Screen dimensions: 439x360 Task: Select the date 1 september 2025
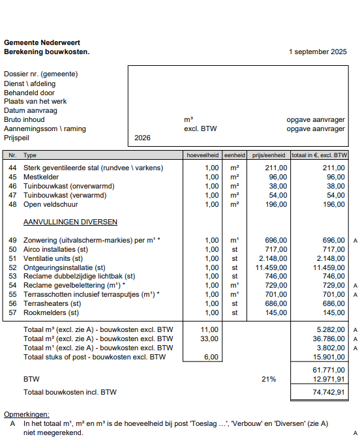click(318, 52)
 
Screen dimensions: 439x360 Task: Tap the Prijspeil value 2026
click(142, 138)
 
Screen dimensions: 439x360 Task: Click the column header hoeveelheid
click(202, 156)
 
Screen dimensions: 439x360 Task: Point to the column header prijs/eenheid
click(268, 156)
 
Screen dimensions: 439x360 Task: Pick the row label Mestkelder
click(41, 177)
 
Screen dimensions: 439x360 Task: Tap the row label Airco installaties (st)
click(55, 249)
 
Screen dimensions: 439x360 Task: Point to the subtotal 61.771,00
click(329, 370)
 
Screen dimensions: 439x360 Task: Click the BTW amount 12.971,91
click(329, 379)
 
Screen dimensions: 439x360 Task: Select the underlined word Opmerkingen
click(26, 414)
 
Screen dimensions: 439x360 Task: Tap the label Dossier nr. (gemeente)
click(41, 74)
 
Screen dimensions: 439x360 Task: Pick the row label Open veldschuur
click(50, 204)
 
